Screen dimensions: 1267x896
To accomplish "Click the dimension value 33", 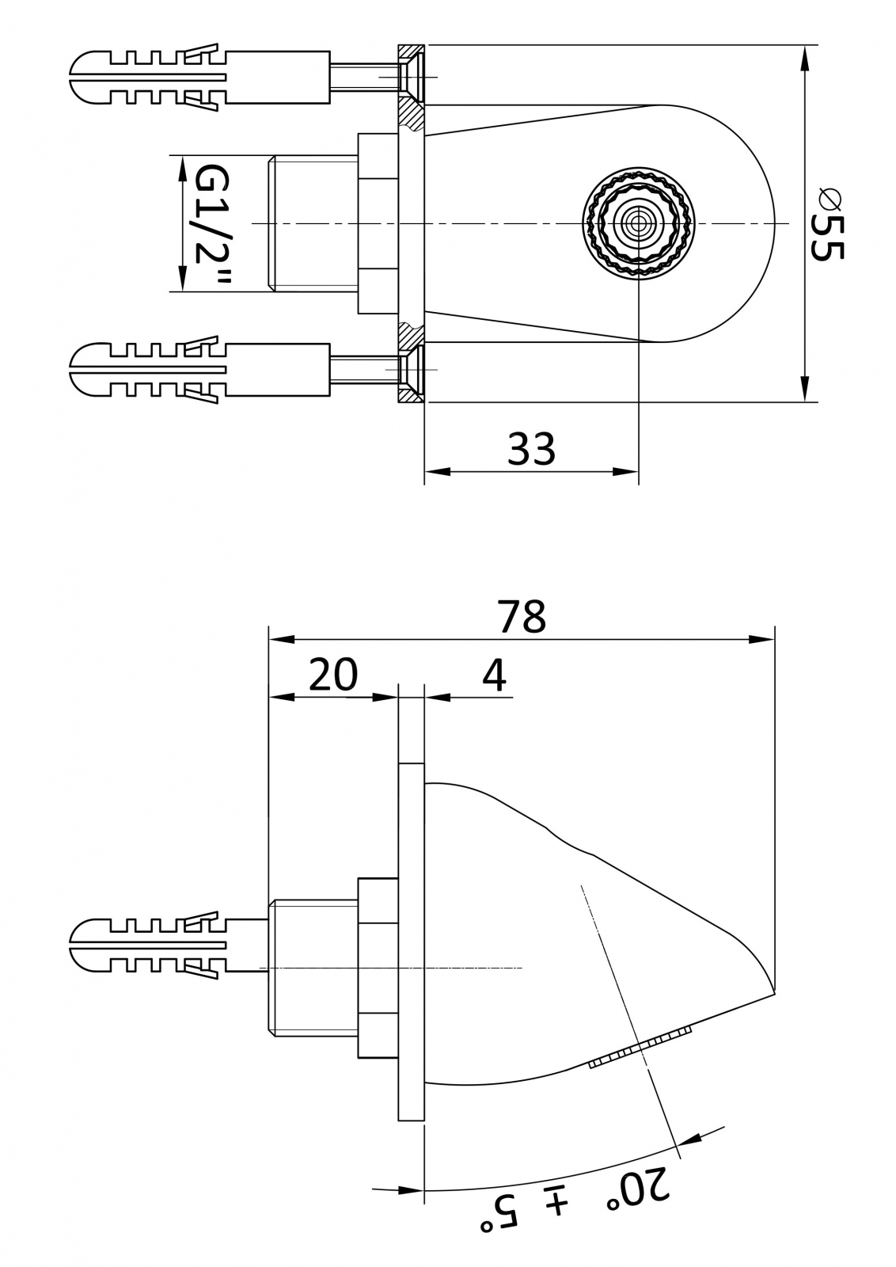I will coord(531,449).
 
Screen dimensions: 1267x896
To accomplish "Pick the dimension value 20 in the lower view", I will coord(332,675).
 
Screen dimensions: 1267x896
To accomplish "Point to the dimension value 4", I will coord(494,675).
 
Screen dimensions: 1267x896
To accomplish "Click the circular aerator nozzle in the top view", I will coord(639,223).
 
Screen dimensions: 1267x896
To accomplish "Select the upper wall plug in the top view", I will coord(198,78).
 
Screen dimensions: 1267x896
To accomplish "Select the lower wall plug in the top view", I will coord(198,369).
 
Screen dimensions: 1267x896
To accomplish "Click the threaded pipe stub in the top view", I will coord(313,224).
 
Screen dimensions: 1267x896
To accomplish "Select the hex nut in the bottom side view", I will coord(378,968).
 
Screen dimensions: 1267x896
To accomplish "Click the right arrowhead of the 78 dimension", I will coord(763,639).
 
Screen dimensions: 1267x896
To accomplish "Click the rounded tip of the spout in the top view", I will coord(772,224).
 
